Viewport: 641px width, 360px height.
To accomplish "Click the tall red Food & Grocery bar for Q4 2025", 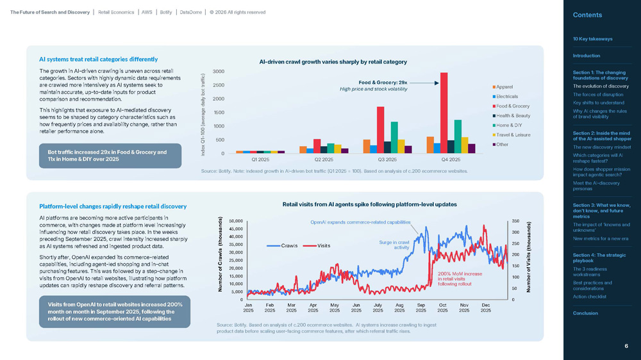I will click(x=444, y=113).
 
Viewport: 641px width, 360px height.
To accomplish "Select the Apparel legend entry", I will click(x=504, y=87).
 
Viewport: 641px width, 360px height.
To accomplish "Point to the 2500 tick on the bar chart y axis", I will click(x=219, y=85).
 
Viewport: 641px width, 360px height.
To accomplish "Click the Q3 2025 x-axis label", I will click(x=387, y=160).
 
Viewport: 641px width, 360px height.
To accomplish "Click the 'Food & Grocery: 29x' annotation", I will click(x=383, y=83).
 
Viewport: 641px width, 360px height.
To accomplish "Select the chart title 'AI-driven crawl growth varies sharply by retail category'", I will click(x=333, y=62).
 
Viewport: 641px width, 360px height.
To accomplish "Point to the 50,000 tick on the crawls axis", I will click(x=235, y=221).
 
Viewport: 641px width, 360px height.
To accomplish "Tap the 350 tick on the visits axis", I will click(x=515, y=221).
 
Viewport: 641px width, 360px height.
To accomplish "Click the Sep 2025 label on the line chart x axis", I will click(x=420, y=307).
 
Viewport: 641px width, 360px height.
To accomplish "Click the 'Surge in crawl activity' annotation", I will click(x=394, y=245).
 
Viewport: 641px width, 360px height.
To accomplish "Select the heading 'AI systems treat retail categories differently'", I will click(x=98, y=60).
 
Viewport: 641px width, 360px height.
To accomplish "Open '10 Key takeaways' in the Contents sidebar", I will click(x=592, y=39).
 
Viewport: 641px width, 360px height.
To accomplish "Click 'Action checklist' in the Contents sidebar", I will click(x=589, y=297).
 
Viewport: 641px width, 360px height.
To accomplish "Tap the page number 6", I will click(x=626, y=346).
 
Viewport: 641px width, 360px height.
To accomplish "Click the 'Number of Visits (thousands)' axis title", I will click(x=529, y=257).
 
